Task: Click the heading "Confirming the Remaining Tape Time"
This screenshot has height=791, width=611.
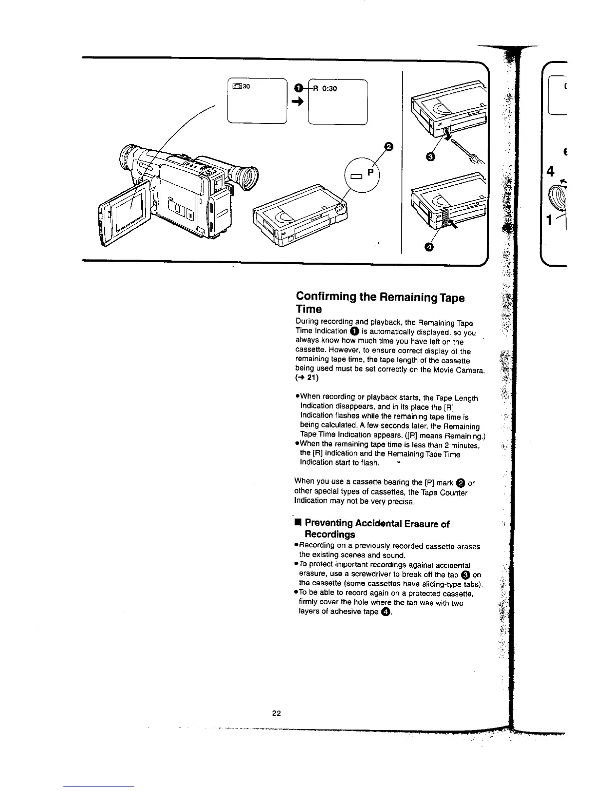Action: pyautogui.click(x=379, y=303)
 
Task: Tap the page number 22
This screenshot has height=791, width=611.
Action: pyautogui.click(x=277, y=713)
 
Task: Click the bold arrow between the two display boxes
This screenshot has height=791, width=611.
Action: pyautogui.click(x=298, y=102)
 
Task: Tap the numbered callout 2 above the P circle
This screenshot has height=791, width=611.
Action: pyautogui.click(x=388, y=146)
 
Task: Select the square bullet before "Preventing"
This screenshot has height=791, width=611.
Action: pyautogui.click(x=298, y=523)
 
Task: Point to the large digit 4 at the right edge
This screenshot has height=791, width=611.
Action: pyautogui.click(x=551, y=171)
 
